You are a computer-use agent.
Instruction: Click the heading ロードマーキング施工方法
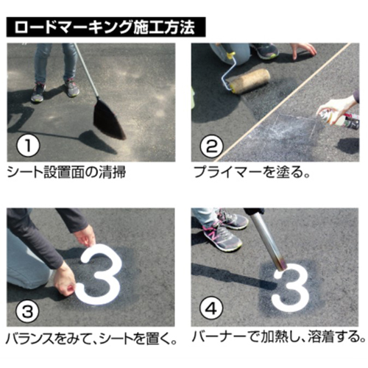pos(105,27)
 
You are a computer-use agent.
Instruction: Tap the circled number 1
pos(28,146)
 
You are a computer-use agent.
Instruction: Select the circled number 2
pos(213,146)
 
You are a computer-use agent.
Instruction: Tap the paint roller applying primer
pos(250,81)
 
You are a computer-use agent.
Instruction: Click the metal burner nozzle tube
pos(269,240)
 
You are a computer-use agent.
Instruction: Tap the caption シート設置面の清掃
pos(67,172)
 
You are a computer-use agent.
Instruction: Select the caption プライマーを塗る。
pos(251,172)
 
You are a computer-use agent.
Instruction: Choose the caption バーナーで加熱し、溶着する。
pos(278,337)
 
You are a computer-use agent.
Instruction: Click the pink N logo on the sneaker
pos(214,236)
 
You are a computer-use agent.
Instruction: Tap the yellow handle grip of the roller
pos(230,54)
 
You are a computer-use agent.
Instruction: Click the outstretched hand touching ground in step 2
pos(304,50)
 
